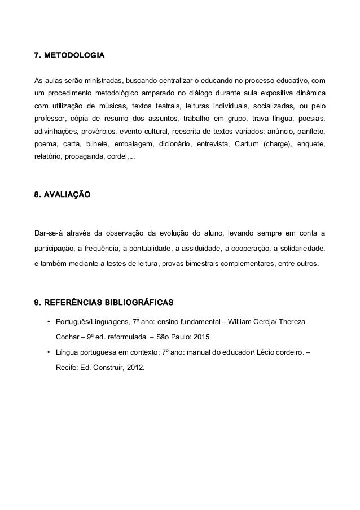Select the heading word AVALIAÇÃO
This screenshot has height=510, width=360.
67,194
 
